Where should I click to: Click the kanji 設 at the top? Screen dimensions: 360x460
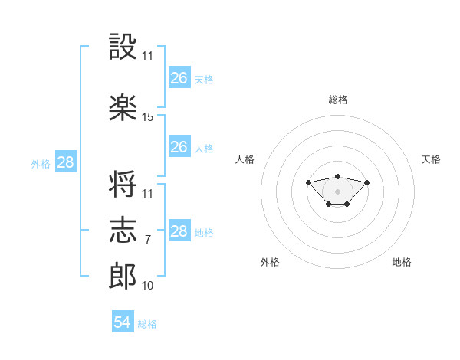[123, 47]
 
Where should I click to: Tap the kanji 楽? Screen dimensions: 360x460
[123, 108]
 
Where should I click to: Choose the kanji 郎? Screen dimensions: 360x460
[123, 277]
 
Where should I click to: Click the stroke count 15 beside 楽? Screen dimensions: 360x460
[148, 116]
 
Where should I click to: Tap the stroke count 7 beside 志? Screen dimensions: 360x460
[147, 240]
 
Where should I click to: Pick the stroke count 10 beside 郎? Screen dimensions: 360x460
[148, 286]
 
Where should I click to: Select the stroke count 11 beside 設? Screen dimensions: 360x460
[148, 55]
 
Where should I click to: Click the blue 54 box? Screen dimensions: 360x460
[123, 322]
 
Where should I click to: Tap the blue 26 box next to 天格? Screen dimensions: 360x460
[179, 78]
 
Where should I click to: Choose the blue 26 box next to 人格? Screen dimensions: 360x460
[179, 147]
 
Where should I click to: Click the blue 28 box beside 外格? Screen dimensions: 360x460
[65, 162]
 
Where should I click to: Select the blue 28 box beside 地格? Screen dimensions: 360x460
[179, 231]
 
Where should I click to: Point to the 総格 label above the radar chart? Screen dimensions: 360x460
[338, 100]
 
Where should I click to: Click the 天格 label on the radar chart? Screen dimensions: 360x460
[431, 159]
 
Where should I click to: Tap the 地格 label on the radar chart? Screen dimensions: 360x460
[402, 262]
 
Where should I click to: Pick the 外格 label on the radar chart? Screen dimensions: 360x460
[270, 262]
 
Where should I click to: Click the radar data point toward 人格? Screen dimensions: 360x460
[308, 182]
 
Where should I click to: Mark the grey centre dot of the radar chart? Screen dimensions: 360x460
[337, 191]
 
